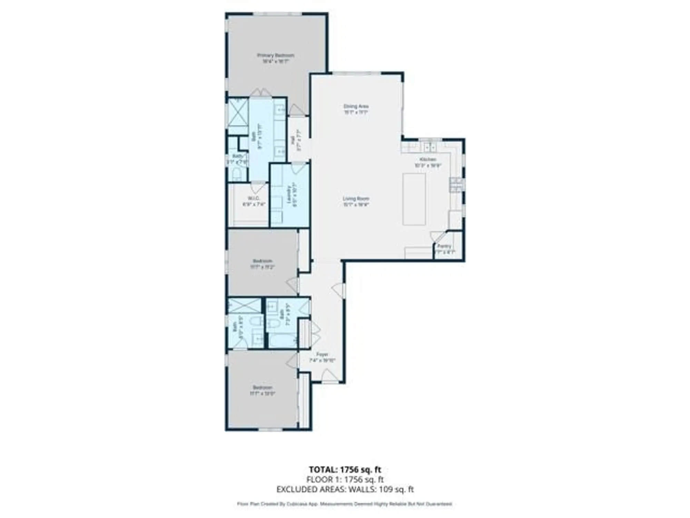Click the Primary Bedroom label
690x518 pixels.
(275, 55)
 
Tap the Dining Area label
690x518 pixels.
(356, 106)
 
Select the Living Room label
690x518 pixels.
(356, 199)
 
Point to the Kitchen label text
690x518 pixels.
(428, 159)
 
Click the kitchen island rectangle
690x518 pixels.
(414, 199)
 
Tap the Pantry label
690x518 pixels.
(444, 246)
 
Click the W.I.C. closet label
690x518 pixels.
(253, 198)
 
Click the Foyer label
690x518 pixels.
(322, 354)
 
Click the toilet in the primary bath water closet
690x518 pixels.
(237, 174)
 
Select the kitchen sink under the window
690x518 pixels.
(430, 146)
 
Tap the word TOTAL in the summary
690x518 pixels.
(323, 470)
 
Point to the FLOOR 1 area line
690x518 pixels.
(345, 479)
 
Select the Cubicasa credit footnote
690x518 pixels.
(344, 504)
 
